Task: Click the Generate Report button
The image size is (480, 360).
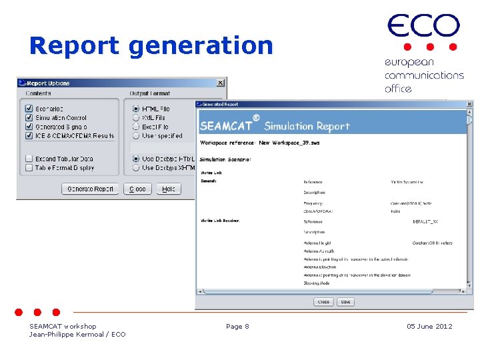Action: [x=91, y=189]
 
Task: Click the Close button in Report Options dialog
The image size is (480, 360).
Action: [x=137, y=189]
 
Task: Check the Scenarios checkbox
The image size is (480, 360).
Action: [x=29, y=109]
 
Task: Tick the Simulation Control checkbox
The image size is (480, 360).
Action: [x=29, y=117]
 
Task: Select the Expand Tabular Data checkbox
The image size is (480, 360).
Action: [x=29, y=159]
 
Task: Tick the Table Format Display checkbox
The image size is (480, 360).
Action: [x=29, y=168]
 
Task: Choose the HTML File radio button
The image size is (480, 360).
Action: [x=136, y=109]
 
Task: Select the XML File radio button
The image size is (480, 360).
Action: [x=136, y=117]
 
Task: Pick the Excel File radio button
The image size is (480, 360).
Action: [x=136, y=127]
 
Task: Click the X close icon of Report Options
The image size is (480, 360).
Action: [x=220, y=83]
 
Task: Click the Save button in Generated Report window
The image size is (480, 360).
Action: [x=345, y=302]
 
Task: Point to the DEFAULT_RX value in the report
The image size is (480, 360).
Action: [x=425, y=221]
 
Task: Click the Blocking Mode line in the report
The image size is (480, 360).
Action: [x=317, y=283]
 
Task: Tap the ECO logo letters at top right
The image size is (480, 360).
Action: [x=423, y=27]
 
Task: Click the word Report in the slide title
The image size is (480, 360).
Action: [x=74, y=46]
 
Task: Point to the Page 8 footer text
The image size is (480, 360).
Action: [x=237, y=326]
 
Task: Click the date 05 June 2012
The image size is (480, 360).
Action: [x=429, y=326]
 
